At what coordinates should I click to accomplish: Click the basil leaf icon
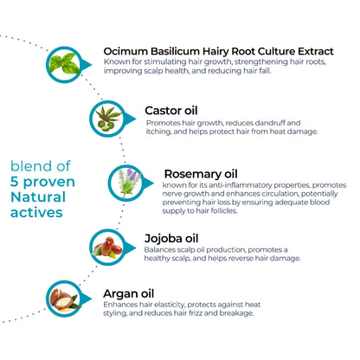(x=64, y=63)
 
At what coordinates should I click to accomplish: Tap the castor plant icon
(x=108, y=119)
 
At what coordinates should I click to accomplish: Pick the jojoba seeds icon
(x=107, y=247)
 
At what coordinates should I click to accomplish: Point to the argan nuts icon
(x=64, y=300)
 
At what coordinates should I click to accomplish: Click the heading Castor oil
(x=171, y=111)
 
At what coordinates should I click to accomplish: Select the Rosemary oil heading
(x=201, y=174)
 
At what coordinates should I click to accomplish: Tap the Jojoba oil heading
(x=171, y=239)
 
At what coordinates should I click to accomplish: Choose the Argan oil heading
(x=129, y=294)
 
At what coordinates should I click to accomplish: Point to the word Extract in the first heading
(x=316, y=51)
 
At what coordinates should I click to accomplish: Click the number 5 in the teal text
(x=15, y=182)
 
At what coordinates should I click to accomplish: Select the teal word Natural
(x=38, y=197)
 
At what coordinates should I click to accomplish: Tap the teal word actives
(x=36, y=213)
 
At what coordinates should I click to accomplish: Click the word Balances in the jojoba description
(x=157, y=249)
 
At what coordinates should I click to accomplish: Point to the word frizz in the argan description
(x=196, y=313)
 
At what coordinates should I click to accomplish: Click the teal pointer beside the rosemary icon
(x=147, y=183)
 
